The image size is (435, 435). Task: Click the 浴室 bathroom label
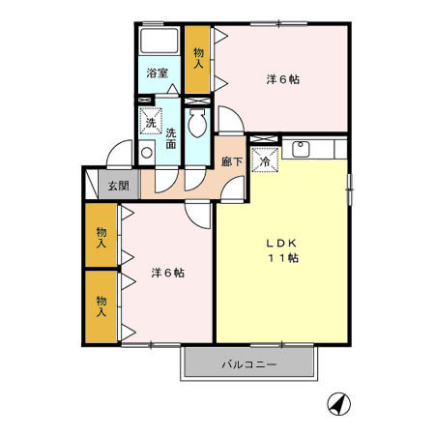click(157, 72)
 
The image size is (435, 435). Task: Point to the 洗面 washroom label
click(170, 138)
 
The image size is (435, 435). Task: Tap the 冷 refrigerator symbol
click(264, 161)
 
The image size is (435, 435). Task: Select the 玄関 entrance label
click(117, 185)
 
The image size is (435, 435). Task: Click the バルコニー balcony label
click(249, 364)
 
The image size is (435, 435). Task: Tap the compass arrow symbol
click(337, 402)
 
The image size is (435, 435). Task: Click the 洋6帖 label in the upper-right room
click(282, 80)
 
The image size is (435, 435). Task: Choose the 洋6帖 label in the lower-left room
click(167, 273)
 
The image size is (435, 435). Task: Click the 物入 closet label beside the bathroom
click(198, 59)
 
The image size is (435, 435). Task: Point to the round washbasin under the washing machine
click(146, 152)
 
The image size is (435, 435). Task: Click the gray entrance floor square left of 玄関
click(91, 184)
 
